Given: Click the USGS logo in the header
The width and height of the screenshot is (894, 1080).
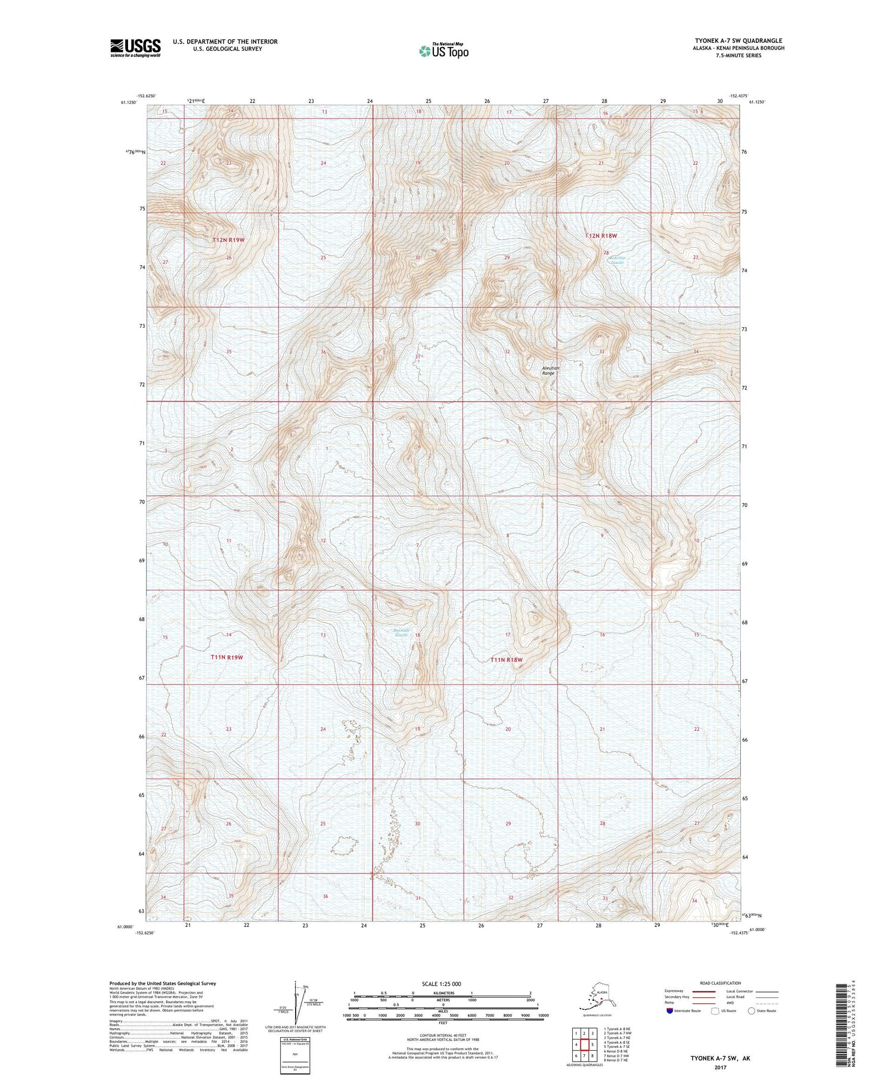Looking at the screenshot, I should pyautogui.click(x=135, y=48).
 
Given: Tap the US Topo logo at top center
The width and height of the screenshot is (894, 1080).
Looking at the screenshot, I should pyautogui.click(x=444, y=51).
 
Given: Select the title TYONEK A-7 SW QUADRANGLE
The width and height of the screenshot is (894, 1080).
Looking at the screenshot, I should pyautogui.click(x=738, y=41).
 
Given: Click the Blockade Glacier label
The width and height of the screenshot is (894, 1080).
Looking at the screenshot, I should pyautogui.click(x=402, y=633).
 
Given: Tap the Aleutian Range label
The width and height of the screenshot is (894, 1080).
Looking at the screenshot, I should pyautogui.click(x=551, y=371).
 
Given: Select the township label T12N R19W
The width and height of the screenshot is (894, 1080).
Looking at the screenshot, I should pyautogui.click(x=228, y=240).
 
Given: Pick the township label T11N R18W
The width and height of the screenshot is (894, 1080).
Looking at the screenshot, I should pyautogui.click(x=506, y=660).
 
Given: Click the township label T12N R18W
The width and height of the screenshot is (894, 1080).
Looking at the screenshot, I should pyautogui.click(x=601, y=236).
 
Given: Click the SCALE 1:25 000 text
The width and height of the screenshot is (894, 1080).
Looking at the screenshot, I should pyautogui.click(x=442, y=983).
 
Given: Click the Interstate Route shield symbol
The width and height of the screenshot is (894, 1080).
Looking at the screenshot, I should pyautogui.click(x=670, y=1011).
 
